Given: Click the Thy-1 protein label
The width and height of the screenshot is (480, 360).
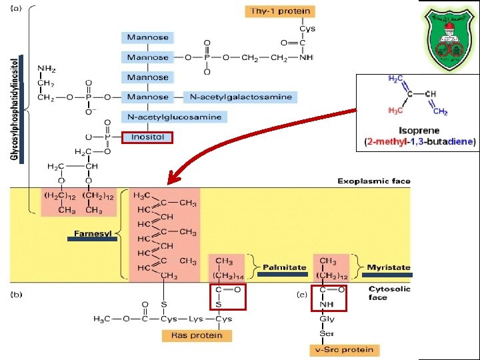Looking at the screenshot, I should pos(280,11).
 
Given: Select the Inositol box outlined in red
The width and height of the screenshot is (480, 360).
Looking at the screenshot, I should pos(147,138).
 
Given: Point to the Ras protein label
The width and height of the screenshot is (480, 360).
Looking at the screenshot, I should pos(197,335).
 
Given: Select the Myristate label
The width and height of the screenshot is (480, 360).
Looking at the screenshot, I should pos(389,267).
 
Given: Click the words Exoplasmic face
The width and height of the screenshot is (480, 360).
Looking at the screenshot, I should pos(373,181).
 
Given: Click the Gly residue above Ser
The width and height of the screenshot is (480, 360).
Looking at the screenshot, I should pos(327,319).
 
